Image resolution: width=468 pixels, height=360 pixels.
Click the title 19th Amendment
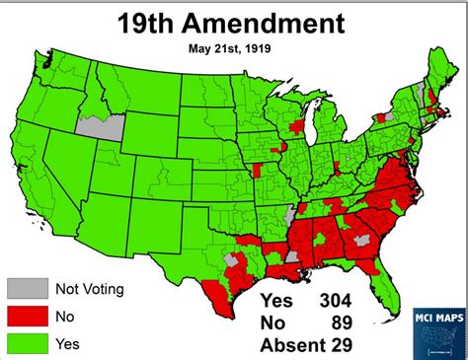pyautogui.click(x=232, y=23)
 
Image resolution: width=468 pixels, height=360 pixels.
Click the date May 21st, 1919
pyautogui.click(x=233, y=45)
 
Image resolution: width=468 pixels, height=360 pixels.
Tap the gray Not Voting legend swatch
pyautogui.click(x=25, y=288)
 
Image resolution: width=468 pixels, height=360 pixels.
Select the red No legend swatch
pyautogui.click(x=25, y=316)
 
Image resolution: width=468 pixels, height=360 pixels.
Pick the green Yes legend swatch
pyautogui.click(x=25, y=343)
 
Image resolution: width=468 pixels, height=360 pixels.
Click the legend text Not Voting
pyautogui.click(x=95, y=289)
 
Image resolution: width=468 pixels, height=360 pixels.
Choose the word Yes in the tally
pyautogui.click(x=277, y=301)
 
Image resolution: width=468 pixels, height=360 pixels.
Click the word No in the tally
pyautogui.click(x=273, y=324)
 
